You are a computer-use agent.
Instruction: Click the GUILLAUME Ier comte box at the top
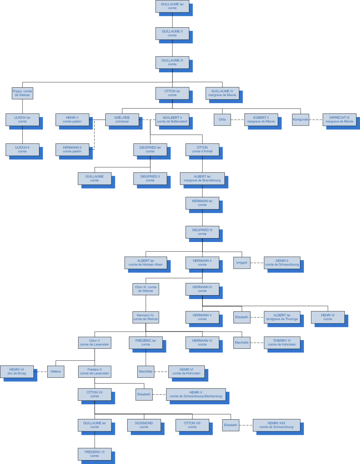click(172, 6)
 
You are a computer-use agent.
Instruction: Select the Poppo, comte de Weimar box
click(22, 93)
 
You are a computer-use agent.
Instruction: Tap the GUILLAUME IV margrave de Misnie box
click(222, 93)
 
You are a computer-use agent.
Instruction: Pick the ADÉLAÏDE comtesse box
click(122, 120)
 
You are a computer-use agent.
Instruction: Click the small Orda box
click(222, 120)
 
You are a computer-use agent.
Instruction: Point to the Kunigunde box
click(300, 120)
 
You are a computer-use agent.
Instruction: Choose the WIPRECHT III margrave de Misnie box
click(339, 120)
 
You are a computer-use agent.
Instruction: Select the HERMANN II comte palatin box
click(72, 150)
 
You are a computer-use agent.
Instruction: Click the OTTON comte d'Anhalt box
click(202, 150)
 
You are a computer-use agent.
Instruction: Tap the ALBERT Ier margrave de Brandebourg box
click(202, 178)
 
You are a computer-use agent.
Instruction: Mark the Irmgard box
click(242, 263)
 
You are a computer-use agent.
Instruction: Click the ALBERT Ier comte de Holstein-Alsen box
click(145, 263)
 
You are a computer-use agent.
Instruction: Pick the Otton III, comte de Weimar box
click(146, 289)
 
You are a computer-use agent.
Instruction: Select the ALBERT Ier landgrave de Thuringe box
click(282, 317)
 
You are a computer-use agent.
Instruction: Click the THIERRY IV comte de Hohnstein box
click(282, 343)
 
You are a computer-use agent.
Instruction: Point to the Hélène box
click(56, 372)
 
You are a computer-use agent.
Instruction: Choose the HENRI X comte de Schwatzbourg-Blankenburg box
click(196, 394)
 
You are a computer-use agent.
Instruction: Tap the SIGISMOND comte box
click(144, 425)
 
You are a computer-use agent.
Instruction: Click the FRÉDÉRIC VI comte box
click(95, 454)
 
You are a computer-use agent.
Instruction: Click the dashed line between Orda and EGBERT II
click(237, 120)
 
